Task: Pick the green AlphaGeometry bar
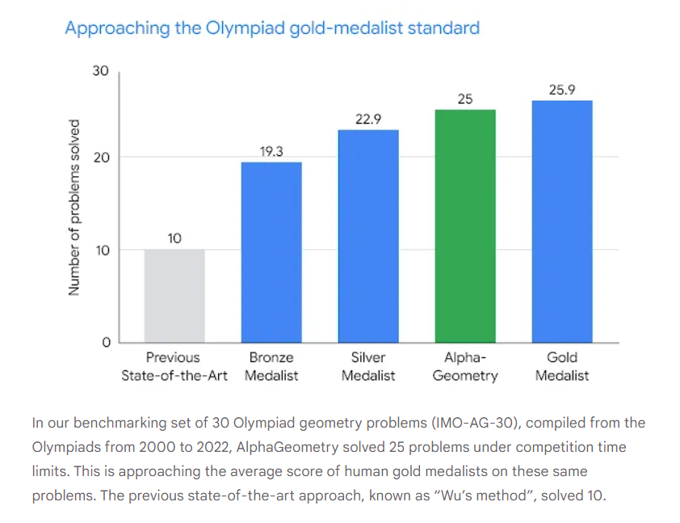465,226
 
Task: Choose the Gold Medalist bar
562,222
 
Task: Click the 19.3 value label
271,151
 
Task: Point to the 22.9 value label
368,119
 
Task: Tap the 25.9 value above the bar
562,90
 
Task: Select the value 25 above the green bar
465,99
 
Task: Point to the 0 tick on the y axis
105,343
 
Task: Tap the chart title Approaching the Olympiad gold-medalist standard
272,28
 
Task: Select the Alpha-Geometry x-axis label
465,366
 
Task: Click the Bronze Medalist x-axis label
271,366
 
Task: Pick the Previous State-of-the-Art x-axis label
174,366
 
